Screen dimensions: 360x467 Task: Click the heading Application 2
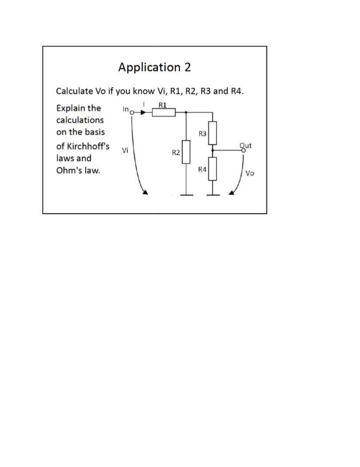155,67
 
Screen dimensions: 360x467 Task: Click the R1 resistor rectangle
164,113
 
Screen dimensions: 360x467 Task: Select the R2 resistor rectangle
186,152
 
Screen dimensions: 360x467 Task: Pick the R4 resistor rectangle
213,168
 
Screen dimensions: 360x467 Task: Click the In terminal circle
131,113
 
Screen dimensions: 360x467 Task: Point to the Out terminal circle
243,150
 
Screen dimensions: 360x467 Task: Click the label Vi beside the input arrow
125,151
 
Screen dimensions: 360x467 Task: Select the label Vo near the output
250,173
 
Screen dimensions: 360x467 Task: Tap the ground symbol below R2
186,194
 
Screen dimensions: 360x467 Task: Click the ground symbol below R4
213,194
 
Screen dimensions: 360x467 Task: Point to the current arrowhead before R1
142,113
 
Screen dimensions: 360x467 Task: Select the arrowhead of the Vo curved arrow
231,193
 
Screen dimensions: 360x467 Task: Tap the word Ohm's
67,171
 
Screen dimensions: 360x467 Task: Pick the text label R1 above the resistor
162,105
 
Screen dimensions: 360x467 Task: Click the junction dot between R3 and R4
213,150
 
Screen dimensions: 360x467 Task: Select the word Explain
71,108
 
